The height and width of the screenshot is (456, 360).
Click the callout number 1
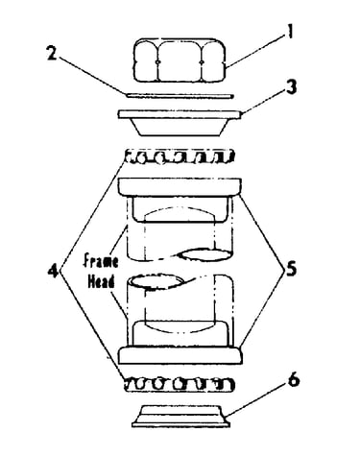click(x=290, y=32)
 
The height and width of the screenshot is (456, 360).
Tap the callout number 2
click(x=52, y=53)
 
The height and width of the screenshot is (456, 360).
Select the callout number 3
click(x=291, y=87)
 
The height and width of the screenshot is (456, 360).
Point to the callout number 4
click(x=53, y=272)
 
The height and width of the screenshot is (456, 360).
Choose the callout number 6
click(x=294, y=380)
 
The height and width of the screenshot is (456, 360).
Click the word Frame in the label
click(x=101, y=261)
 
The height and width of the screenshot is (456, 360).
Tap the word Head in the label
click(x=101, y=282)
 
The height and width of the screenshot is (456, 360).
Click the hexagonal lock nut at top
click(x=180, y=60)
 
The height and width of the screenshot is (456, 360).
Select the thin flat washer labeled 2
click(x=180, y=95)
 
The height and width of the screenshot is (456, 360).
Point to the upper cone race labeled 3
click(x=180, y=124)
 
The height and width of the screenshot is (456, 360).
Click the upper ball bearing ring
click(x=180, y=156)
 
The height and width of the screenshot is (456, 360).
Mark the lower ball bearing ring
click(x=180, y=384)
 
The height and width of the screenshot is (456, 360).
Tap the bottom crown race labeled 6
click(x=180, y=416)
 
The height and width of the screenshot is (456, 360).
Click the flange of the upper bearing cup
click(x=180, y=187)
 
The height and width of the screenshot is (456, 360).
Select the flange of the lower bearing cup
click(x=180, y=355)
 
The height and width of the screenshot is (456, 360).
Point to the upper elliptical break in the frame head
click(x=204, y=255)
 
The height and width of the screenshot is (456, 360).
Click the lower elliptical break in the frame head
click(x=156, y=280)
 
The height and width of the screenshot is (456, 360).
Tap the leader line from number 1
click(x=255, y=50)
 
